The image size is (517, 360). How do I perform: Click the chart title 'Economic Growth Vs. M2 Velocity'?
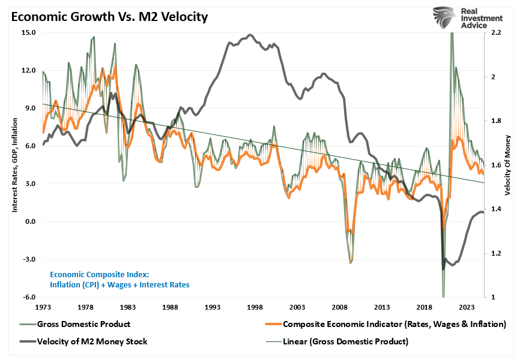tap(108, 16)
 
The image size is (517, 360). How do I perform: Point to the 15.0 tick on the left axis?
tap(28, 32)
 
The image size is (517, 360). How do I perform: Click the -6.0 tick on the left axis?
tap(28, 298)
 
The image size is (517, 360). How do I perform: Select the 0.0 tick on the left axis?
tap(29, 222)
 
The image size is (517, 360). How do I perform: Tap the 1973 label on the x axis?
tap(43, 307)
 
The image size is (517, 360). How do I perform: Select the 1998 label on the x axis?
tap(255, 307)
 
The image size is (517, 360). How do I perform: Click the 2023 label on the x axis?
tap(467, 307)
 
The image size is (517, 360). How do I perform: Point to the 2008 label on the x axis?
tap(340, 307)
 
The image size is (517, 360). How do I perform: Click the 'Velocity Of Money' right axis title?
tap(507, 165)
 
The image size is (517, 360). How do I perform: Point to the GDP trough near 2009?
tap(351, 262)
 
